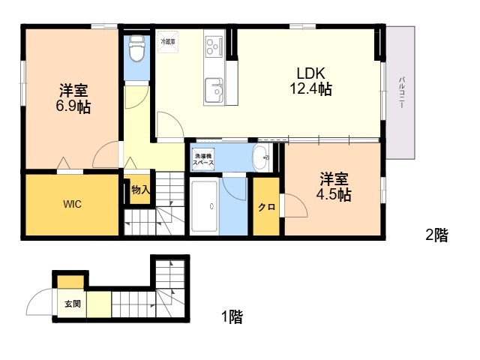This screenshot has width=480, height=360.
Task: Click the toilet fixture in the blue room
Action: (x=136, y=50)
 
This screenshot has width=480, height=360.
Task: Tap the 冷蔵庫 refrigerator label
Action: (x=167, y=42)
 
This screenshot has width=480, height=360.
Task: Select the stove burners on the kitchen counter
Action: (x=213, y=46)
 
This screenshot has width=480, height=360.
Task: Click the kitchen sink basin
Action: (x=215, y=89)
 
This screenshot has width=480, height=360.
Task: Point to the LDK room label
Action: (x=310, y=74)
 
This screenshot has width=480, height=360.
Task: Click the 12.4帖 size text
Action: (x=310, y=90)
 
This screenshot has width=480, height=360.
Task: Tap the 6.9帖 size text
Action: (x=73, y=107)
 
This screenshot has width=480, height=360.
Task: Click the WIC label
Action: (x=72, y=204)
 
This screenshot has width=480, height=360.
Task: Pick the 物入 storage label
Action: (x=140, y=190)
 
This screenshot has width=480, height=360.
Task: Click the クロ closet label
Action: (x=266, y=207)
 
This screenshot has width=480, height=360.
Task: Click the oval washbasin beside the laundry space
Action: (x=259, y=157)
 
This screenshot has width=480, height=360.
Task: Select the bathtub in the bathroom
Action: (x=205, y=206)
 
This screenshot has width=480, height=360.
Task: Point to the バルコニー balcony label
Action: (x=402, y=93)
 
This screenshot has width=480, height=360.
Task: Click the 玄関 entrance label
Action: (x=72, y=304)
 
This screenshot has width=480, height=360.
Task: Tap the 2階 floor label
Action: (x=436, y=235)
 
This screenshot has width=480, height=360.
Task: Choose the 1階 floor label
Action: (x=231, y=317)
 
